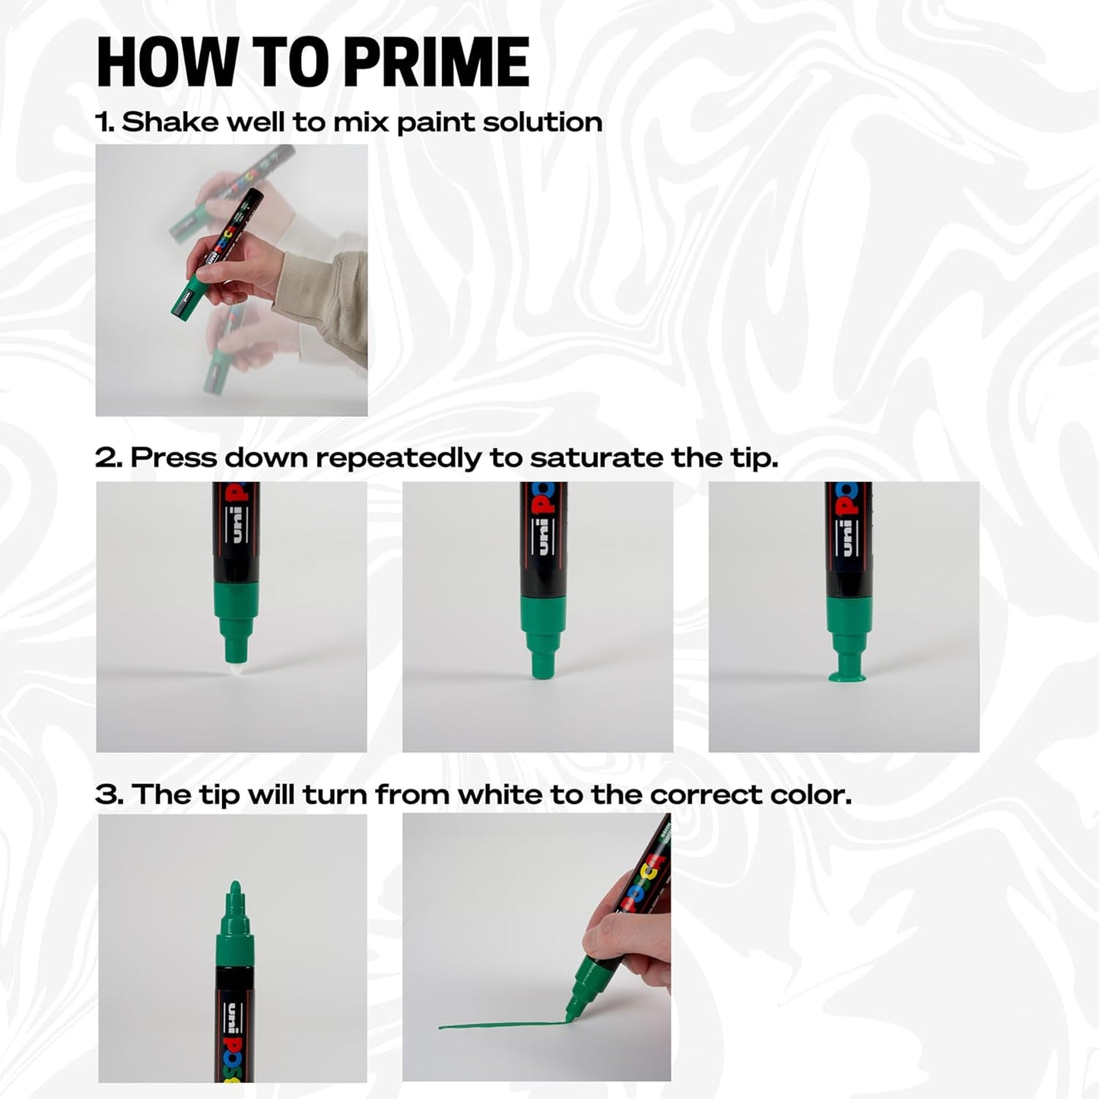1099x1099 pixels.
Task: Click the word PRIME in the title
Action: (x=436, y=63)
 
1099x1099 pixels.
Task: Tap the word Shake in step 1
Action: (x=169, y=122)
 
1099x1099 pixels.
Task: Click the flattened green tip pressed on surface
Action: (x=849, y=674)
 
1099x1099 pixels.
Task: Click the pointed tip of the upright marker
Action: (x=235, y=888)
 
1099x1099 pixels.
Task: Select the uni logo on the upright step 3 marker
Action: (x=232, y=1017)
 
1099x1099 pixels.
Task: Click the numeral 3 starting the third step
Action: (x=107, y=795)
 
